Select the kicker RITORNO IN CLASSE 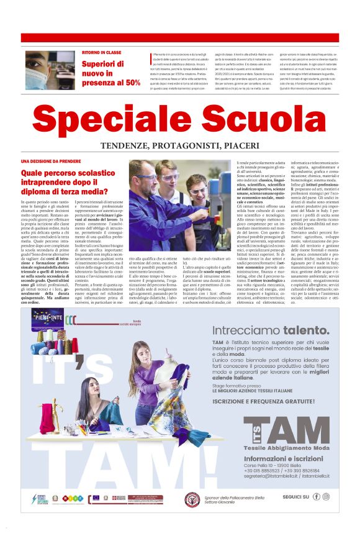coord(101,53)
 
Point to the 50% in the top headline coord(132,81)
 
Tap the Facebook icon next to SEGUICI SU coord(317,496)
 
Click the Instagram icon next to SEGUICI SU coord(326,496)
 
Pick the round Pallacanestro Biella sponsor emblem coord(192,499)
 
